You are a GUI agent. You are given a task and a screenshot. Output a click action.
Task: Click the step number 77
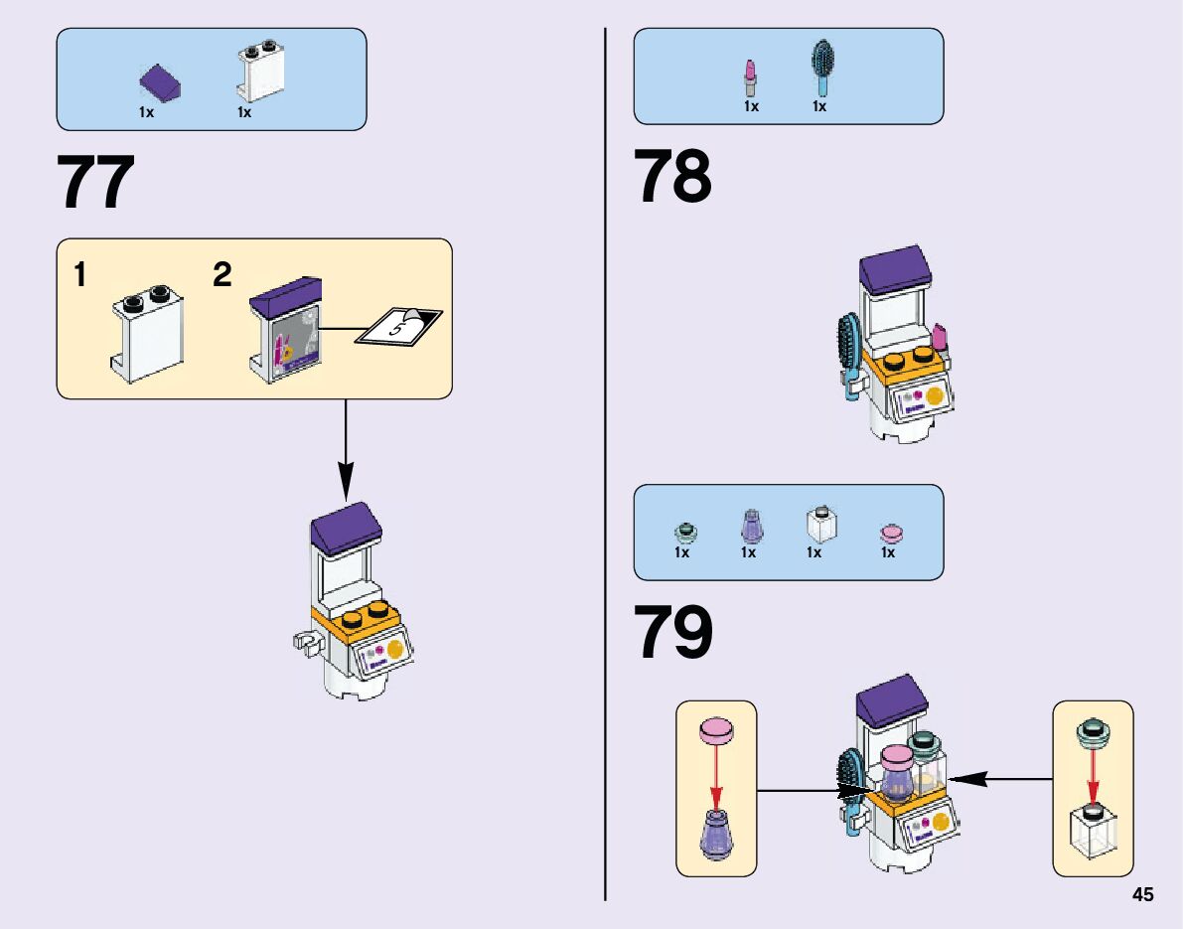pyautogui.click(x=96, y=183)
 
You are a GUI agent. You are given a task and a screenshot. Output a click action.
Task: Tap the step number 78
pyautogui.click(x=673, y=177)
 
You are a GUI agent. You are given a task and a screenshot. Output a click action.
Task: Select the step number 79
pyautogui.click(x=674, y=633)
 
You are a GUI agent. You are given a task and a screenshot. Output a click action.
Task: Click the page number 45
pyautogui.click(x=1142, y=895)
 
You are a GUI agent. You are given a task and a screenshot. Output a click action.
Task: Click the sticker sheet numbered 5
pyautogui.click(x=398, y=327)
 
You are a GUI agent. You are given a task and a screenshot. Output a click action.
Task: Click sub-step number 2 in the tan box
pyautogui.click(x=222, y=275)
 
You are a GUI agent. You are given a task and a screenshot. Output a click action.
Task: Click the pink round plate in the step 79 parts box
pyautogui.click(x=890, y=534)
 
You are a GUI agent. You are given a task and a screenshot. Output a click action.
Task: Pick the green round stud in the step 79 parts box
pyautogui.click(x=682, y=532)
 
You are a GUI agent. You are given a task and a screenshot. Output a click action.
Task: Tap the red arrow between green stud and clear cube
pyautogui.click(x=1093, y=775)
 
